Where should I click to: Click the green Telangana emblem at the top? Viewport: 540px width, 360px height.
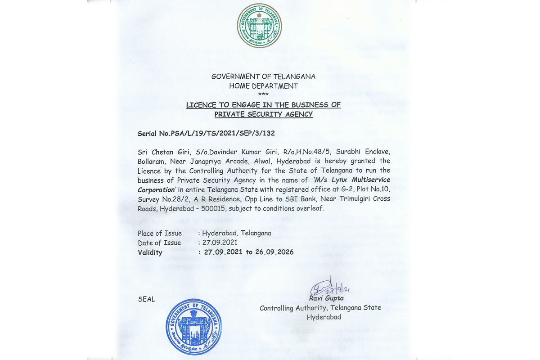click(259, 25)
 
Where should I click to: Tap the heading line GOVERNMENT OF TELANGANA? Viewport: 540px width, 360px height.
click(263, 76)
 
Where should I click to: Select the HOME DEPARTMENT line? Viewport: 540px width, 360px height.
click(263, 85)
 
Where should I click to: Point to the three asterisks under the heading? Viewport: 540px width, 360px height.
click(263, 94)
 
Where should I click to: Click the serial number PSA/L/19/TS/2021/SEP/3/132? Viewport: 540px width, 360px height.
click(223, 134)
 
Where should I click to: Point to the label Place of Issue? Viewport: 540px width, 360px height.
click(160, 233)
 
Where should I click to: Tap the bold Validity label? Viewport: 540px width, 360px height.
click(150, 252)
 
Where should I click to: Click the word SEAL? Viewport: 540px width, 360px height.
click(146, 299)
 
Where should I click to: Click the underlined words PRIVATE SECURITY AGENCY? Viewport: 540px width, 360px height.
click(263, 114)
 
